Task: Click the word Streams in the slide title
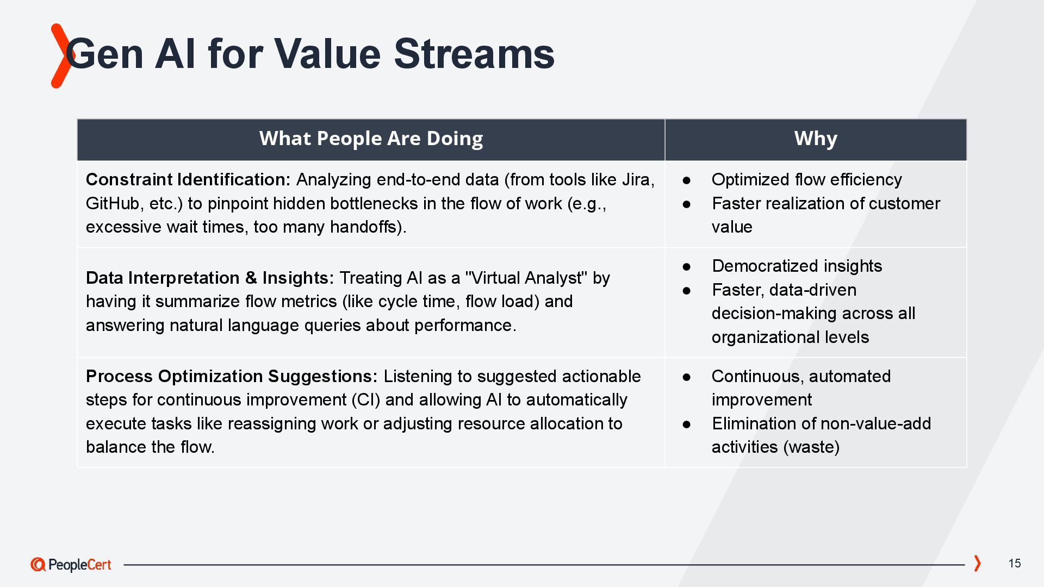click(474, 53)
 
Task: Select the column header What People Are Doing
click(371, 139)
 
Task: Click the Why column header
click(816, 139)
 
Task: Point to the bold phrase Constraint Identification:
click(188, 179)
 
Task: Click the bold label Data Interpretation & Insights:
click(210, 278)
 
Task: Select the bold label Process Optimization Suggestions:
click(232, 376)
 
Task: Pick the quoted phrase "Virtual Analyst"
click(526, 278)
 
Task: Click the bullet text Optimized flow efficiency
click(806, 179)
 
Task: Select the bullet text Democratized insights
click(797, 266)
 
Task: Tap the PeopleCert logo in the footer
click(71, 565)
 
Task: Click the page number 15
click(1015, 564)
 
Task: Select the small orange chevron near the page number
click(977, 564)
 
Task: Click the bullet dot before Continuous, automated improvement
click(687, 377)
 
